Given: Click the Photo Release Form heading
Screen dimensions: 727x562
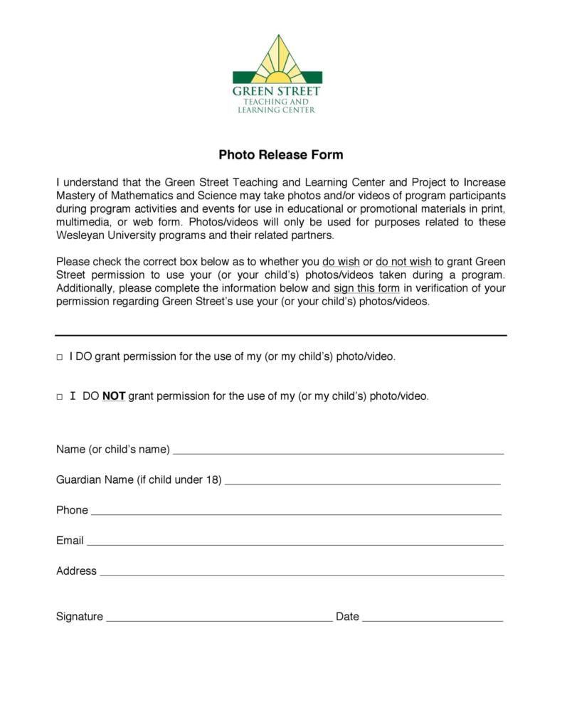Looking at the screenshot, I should [x=280, y=154].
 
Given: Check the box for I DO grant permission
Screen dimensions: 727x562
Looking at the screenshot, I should [x=60, y=358].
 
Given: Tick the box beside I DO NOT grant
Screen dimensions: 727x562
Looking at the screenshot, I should [x=60, y=398].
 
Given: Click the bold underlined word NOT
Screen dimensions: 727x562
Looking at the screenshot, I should [x=114, y=397].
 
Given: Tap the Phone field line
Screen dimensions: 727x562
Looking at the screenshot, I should [x=296, y=513].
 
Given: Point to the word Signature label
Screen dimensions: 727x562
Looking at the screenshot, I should [x=80, y=617].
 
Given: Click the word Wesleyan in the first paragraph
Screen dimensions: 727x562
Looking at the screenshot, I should [x=80, y=235].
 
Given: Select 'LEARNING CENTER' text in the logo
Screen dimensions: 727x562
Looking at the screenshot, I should [x=277, y=110].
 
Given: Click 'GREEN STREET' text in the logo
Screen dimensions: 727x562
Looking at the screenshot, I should [x=277, y=92].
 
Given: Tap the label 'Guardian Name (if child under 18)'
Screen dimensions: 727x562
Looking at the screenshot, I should [x=139, y=479].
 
